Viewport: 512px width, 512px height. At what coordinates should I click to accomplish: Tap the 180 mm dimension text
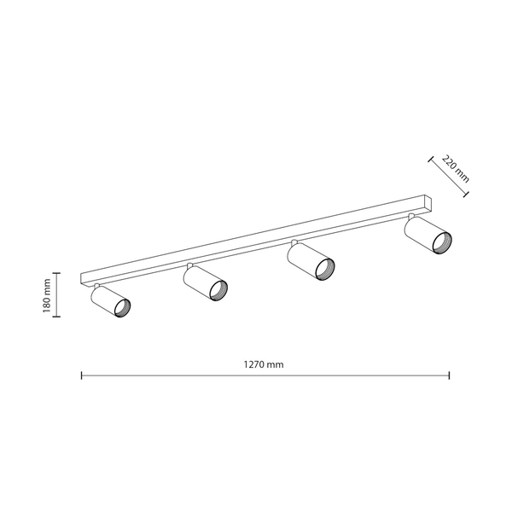coord(49,294)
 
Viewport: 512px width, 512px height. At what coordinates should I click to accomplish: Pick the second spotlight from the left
coord(205,283)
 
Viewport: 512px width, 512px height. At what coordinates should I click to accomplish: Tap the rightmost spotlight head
coord(427,236)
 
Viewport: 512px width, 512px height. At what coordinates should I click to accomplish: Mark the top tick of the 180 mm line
coord(57,273)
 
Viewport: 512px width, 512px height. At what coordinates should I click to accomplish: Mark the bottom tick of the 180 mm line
coord(57,317)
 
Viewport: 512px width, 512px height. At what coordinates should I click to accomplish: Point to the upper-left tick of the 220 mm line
coord(430,158)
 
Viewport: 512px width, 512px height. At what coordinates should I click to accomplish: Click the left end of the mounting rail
coord(83,279)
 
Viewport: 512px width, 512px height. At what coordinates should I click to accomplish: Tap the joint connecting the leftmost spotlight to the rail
coord(97,285)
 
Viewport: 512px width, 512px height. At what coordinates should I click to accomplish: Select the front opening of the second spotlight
coord(218,289)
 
